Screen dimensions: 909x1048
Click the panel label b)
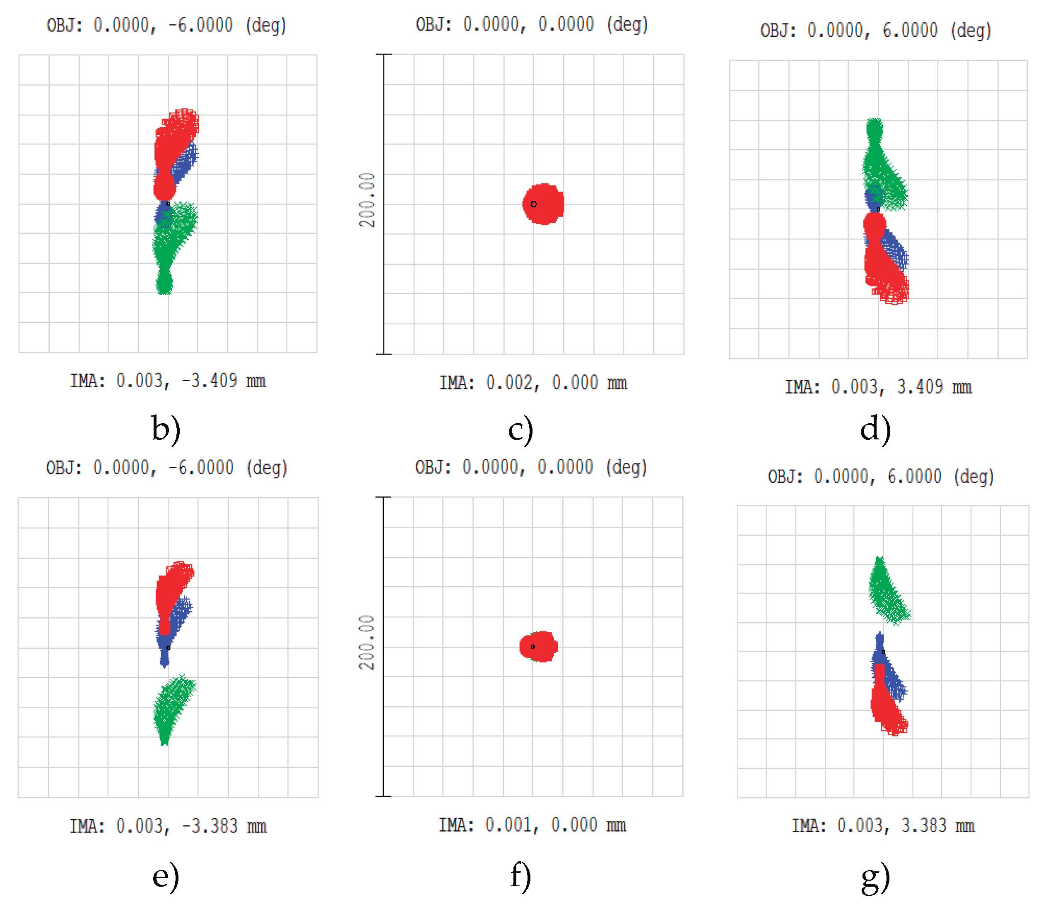pos(166,429)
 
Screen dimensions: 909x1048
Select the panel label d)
pos(875,429)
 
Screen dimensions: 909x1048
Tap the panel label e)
pos(166,876)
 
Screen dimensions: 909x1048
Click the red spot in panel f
pos(539,646)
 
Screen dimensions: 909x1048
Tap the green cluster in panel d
pos(881,168)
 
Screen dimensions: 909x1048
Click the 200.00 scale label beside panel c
pos(367,200)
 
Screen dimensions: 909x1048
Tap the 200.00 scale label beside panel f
pos(366,643)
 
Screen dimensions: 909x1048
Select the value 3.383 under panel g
pos(923,826)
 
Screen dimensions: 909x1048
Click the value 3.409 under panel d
pos(919,387)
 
